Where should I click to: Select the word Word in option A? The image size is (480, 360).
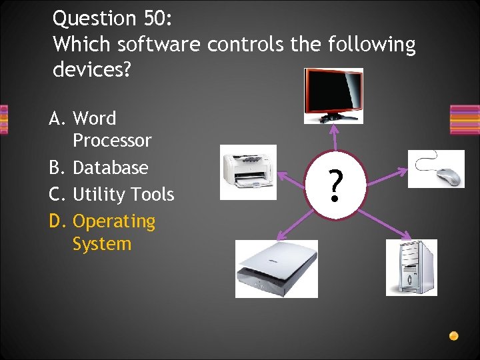94,118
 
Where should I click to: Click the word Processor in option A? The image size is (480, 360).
112,141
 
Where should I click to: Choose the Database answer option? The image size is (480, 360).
110,167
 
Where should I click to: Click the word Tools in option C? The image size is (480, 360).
151,195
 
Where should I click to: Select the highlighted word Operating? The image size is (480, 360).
113,221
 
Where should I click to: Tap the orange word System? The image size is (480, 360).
102,244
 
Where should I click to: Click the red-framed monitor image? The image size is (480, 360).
333,95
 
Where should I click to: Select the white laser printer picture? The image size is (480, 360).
249,171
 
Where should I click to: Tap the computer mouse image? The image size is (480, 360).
436,169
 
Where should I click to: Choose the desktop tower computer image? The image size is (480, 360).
411,267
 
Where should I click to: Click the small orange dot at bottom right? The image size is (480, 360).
454,336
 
